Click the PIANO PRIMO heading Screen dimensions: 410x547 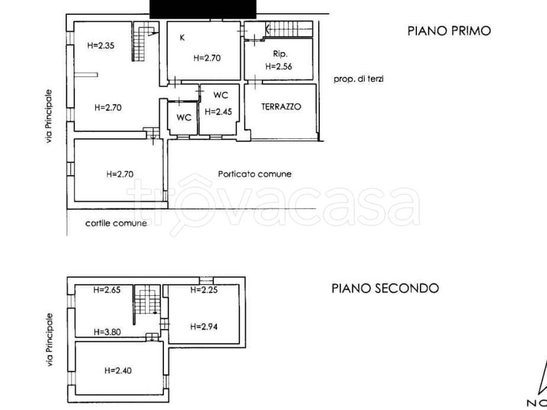(x=449, y=31)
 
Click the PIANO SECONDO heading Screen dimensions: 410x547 (x=384, y=288)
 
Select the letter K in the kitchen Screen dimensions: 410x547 (x=183, y=37)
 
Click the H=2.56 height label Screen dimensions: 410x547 (x=279, y=66)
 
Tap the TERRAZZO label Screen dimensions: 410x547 (x=281, y=106)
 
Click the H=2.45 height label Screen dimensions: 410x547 (x=218, y=111)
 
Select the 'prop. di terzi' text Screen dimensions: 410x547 (x=358, y=78)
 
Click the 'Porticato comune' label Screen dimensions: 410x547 (x=254, y=174)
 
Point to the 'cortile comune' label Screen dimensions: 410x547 (x=116, y=223)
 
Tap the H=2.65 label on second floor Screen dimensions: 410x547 (x=107, y=290)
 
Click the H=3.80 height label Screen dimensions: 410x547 (x=107, y=332)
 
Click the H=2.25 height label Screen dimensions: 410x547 (x=204, y=290)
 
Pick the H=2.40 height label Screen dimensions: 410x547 (x=118, y=370)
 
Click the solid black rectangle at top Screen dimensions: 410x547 (x=203, y=8)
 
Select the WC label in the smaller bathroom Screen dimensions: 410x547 (x=184, y=117)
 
